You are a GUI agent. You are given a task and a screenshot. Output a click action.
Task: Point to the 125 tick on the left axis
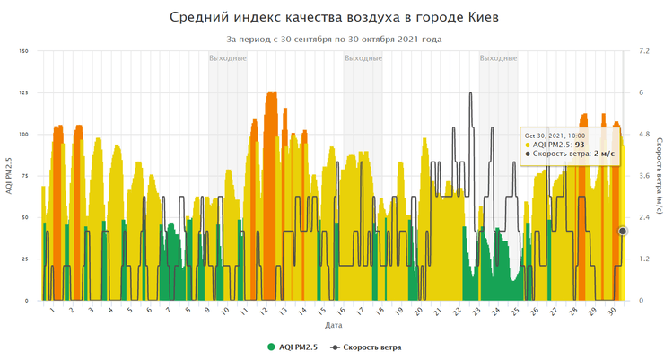(24, 92)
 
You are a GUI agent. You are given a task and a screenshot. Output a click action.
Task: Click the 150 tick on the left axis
(24, 51)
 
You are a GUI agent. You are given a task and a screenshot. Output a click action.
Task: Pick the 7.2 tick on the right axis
(642, 51)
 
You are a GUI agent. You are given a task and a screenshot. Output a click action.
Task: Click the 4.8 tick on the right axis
(642, 135)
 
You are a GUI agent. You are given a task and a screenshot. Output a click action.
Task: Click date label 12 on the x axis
(263, 311)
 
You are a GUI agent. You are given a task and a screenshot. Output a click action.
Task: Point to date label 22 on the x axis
(457, 311)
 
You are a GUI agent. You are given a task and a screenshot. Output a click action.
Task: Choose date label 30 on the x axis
(611, 311)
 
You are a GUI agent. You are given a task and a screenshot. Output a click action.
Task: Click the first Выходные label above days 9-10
(228, 58)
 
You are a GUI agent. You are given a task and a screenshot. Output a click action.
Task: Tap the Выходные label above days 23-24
(498, 58)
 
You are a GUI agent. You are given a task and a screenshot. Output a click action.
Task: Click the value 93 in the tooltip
(581, 144)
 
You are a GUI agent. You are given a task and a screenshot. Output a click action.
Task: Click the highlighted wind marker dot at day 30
(623, 231)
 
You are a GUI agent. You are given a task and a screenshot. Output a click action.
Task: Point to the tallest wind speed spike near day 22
(470, 93)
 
